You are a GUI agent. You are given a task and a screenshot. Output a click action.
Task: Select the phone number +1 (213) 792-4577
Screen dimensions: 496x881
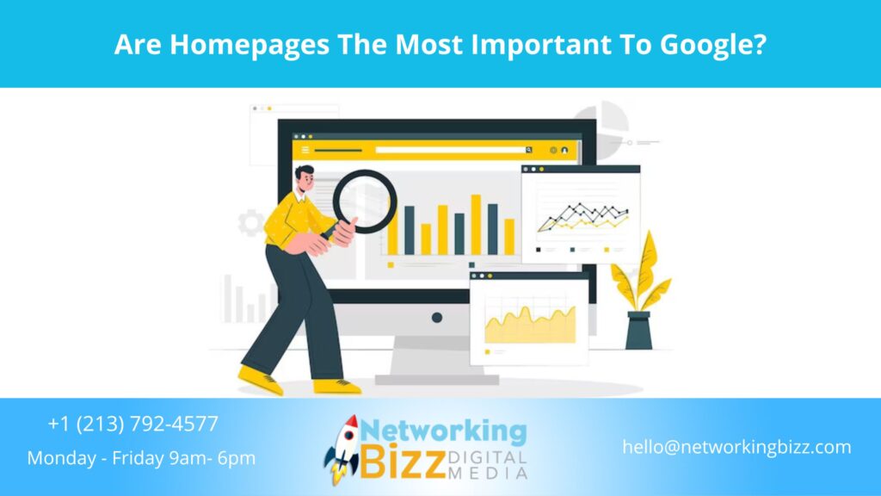click(x=133, y=424)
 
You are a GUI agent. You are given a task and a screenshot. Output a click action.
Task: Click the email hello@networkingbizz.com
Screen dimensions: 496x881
click(x=736, y=447)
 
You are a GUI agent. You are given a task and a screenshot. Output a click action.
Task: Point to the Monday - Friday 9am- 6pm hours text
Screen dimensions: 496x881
click(x=141, y=458)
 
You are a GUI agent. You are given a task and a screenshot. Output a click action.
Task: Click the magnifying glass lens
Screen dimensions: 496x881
click(x=365, y=201)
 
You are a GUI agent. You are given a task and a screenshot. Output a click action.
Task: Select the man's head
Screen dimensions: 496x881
click(x=305, y=181)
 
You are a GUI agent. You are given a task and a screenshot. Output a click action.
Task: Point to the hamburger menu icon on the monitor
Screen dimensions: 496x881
click(x=305, y=150)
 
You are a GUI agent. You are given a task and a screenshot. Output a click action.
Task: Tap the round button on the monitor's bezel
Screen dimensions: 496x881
click(x=437, y=317)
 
